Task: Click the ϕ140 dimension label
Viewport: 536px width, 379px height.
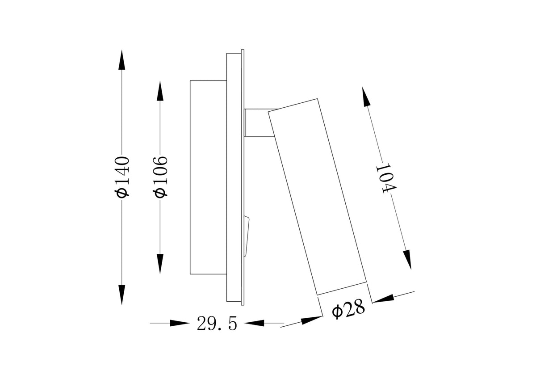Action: (x=122, y=177)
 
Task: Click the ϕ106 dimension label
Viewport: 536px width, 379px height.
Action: (x=160, y=177)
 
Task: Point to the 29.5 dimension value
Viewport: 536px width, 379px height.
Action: (x=217, y=324)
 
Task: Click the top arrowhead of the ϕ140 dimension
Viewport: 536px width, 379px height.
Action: (x=122, y=60)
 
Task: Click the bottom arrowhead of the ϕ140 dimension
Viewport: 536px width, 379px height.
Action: (x=122, y=295)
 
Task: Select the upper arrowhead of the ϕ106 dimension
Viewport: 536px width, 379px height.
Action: (x=160, y=91)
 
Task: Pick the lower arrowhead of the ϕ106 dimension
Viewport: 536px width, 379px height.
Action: (x=160, y=264)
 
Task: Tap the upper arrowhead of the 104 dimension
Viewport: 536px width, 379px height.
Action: (x=366, y=97)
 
